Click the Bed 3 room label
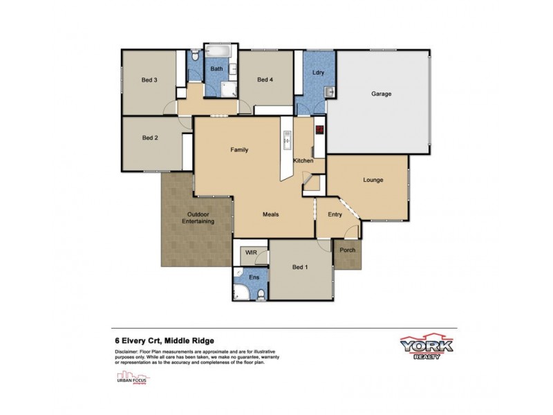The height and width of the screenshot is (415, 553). [151, 80]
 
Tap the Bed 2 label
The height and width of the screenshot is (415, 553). [151, 138]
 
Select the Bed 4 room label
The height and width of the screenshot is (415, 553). [265, 80]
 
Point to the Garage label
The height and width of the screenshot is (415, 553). [382, 93]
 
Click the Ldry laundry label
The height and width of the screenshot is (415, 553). [318, 73]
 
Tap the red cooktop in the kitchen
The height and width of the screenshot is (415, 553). [319, 129]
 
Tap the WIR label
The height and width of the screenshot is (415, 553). [252, 254]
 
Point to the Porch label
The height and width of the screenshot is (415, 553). [348, 250]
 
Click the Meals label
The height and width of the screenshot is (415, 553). [271, 214]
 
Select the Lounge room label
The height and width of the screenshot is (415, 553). [373, 181]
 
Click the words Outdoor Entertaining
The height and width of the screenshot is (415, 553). [198, 218]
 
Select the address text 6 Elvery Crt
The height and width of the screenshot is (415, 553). [142, 340]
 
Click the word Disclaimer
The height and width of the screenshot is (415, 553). [129, 352]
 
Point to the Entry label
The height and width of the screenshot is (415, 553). [335, 214]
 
